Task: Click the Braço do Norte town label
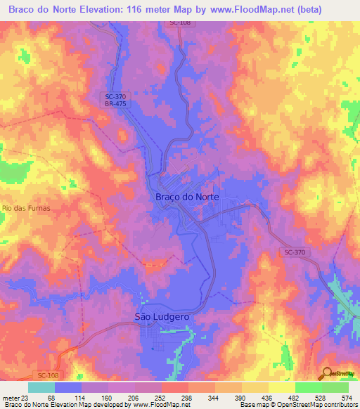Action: click(186, 197)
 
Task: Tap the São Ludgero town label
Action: click(162, 317)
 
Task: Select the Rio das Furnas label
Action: click(27, 209)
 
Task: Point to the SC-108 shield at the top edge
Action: click(180, 23)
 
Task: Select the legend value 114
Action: click(82, 398)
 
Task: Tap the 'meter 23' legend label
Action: click(15, 398)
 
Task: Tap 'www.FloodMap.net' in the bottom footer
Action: click(160, 405)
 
